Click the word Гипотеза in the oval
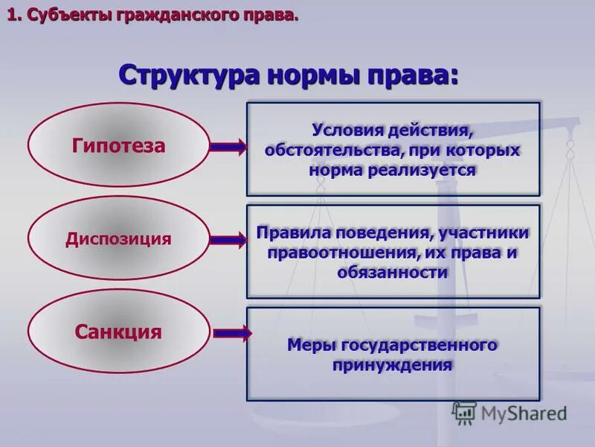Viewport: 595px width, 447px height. click(119, 145)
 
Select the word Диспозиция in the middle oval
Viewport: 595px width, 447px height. click(118, 239)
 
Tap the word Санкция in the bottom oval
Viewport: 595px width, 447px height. click(118, 332)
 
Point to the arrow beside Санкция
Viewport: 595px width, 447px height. click(231, 333)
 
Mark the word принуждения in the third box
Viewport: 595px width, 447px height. click(393, 366)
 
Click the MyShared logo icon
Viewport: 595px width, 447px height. click(465, 412)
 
